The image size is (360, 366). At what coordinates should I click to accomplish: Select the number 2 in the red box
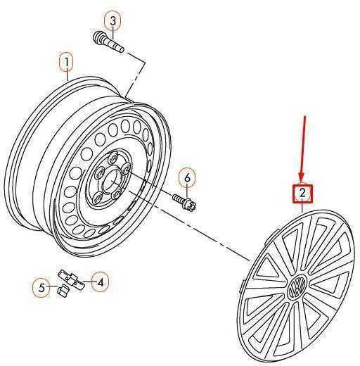[302, 194]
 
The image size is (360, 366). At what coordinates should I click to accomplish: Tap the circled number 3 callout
[112, 21]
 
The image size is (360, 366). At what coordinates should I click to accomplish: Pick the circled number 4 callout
[100, 282]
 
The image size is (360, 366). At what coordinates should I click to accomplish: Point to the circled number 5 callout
[41, 288]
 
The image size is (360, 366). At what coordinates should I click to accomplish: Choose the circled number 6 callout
[188, 178]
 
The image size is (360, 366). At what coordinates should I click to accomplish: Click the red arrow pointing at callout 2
[303, 149]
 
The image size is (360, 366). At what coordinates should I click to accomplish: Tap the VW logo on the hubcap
[297, 286]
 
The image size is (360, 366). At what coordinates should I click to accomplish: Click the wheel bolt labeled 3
[108, 42]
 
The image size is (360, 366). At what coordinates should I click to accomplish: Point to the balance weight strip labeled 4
[72, 280]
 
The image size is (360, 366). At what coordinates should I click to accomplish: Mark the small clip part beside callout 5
[63, 290]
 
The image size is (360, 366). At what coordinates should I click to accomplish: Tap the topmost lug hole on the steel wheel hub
[113, 158]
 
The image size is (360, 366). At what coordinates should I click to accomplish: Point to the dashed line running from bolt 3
[135, 73]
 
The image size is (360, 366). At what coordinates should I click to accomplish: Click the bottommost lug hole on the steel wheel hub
[98, 199]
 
